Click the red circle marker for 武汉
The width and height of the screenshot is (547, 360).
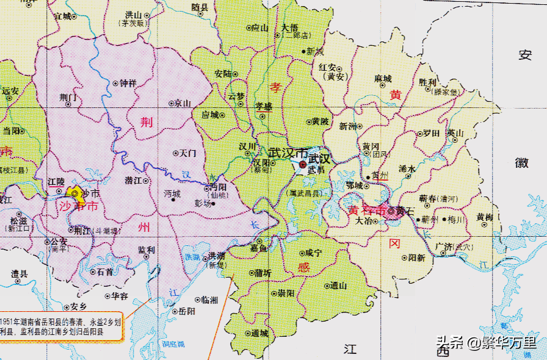tap(303, 165)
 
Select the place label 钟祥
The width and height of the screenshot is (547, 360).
tap(128, 83)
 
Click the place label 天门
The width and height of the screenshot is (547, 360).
tap(187, 153)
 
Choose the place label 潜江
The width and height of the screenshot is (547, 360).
tap(133, 181)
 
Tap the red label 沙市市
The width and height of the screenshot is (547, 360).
tap(78, 207)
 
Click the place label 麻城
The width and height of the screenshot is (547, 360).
tap(383, 79)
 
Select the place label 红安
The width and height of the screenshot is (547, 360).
tap(328, 67)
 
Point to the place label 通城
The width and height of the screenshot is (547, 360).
tap(259, 333)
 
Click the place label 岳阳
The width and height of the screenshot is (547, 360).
tap(187, 311)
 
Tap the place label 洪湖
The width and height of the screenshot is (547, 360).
tap(217, 255)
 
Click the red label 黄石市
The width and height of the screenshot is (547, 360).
tap(366, 211)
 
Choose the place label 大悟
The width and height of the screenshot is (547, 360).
tap(290, 27)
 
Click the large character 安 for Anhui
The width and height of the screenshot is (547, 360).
tap(524, 55)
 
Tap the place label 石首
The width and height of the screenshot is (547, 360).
tap(104, 272)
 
